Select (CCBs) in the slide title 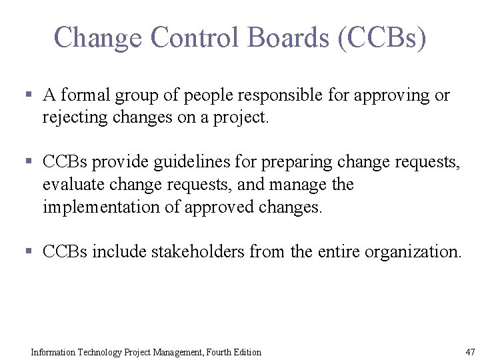(382, 38)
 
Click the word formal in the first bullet (86, 95)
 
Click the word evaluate (70, 185)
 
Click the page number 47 (470, 351)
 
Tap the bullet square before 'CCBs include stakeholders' (29, 252)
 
